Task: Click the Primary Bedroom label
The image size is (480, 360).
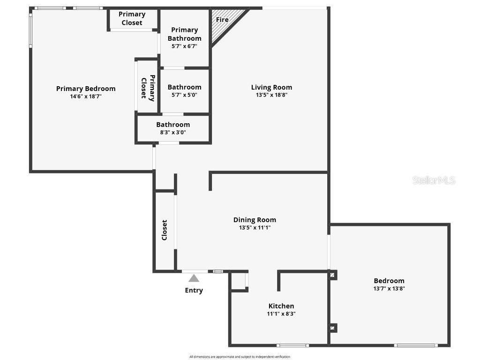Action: [86, 89]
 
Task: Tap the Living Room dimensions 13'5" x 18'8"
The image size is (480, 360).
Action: [271, 95]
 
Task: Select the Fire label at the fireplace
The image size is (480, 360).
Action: [222, 20]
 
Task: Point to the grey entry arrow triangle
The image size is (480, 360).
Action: [194, 278]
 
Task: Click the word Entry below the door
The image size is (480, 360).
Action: [194, 290]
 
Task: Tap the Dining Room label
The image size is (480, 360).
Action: [255, 219]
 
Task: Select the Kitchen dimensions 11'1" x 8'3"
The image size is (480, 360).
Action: [281, 314]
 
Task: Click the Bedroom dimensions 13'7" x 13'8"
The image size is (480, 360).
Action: [389, 288]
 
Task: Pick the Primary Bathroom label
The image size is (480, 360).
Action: [185, 34]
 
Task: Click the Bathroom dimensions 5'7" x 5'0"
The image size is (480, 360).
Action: [185, 95]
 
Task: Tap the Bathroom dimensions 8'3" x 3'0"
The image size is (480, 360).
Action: [173, 132]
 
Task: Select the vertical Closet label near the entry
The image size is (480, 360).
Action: [165, 230]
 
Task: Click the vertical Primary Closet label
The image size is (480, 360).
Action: [148, 87]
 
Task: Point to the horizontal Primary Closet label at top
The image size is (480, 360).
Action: [132, 18]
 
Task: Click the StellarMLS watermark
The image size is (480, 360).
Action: [434, 180]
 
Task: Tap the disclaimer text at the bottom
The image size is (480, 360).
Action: [240, 357]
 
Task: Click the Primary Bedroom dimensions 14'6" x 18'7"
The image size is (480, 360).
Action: [86, 96]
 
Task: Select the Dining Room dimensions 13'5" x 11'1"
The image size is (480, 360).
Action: [255, 227]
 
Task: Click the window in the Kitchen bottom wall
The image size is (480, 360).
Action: [292, 345]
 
